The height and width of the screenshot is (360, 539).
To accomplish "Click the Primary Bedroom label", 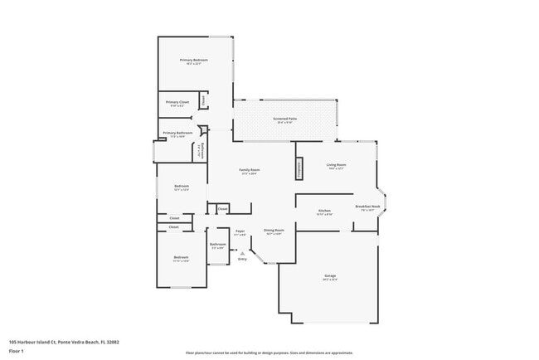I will (x=194, y=61).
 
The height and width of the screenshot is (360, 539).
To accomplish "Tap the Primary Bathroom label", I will (x=178, y=133).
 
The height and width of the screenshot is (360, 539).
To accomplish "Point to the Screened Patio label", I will (x=285, y=119).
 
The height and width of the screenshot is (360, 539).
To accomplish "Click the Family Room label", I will (x=249, y=171).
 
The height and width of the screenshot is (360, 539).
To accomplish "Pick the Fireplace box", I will (x=299, y=168).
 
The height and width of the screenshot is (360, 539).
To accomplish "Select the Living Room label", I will (x=337, y=166).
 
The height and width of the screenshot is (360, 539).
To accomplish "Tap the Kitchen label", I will (x=324, y=211).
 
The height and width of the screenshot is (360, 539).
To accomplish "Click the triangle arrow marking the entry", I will (x=242, y=252).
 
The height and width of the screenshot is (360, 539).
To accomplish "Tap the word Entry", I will (x=242, y=259).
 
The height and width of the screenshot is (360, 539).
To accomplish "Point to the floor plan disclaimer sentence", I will (x=269, y=353).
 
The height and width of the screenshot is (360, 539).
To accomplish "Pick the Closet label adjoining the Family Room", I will (x=222, y=208).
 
